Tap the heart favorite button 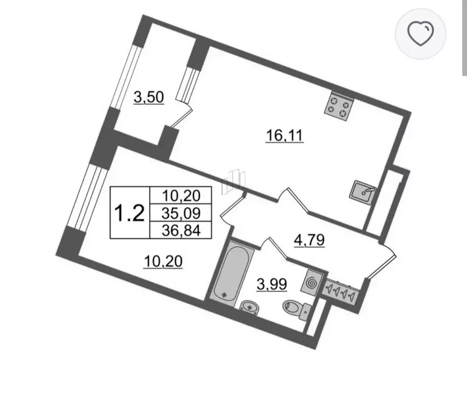(x=420, y=33)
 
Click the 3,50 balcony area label (x=149, y=97)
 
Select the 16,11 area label (x=284, y=136)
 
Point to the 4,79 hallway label (x=309, y=240)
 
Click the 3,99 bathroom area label (x=272, y=284)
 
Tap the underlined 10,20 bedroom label (x=163, y=262)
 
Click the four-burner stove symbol (x=339, y=107)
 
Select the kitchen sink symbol (x=363, y=192)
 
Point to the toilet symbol (x=297, y=308)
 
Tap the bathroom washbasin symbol (x=250, y=307)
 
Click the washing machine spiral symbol (x=312, y=281)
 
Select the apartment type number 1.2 (x=130, y=213)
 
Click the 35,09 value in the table (x=181, y=213)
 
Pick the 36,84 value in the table (x=181, y=230)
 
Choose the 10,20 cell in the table (x=181, y=196)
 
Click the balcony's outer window (x=126, y=77)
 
